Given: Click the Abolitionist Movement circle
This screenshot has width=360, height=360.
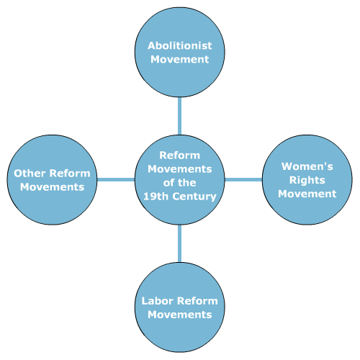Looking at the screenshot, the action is pos(180,52).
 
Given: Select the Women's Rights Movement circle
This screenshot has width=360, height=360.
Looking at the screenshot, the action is pos(307,180).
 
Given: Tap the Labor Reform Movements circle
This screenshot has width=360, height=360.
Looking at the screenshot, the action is pos(180,307).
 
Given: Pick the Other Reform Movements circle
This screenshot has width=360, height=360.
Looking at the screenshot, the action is pos(52,180).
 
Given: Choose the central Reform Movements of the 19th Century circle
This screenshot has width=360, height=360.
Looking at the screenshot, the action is pos(180,180).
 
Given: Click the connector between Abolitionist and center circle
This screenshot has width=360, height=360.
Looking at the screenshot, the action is pos(180,116).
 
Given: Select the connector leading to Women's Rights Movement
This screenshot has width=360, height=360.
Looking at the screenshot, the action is pos(243,180).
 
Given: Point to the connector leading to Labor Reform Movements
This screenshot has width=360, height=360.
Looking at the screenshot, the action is pos(180,243).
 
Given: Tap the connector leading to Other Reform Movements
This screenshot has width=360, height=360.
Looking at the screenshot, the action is pos(116,180).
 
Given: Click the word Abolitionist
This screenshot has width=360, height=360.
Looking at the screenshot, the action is pos(180,45).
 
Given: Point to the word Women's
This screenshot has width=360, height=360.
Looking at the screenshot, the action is pos(307,166).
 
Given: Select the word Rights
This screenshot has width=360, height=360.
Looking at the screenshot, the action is pos(307,181).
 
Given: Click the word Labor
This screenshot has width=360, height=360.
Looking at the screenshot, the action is pos(156,301).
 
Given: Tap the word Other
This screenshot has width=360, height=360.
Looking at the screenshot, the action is pos(30,174).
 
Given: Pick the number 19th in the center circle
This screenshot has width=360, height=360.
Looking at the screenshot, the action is pos(156,197).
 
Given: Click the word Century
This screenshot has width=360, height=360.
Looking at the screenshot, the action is pos(194,197).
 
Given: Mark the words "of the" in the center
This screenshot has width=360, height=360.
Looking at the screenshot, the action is pos(180,183).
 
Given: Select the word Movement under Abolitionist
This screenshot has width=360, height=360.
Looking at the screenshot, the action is pos(180,59).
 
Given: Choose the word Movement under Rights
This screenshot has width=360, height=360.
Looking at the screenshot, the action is pos(307,194).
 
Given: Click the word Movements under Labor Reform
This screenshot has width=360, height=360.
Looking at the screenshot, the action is pos(180,315).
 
